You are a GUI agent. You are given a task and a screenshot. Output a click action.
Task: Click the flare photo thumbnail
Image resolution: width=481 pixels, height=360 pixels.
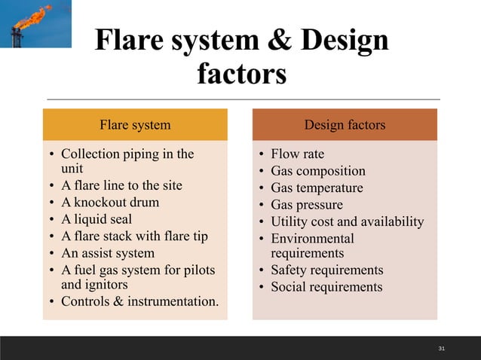[35, 24]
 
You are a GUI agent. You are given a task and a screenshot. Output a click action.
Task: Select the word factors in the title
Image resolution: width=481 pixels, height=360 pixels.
[241, 75]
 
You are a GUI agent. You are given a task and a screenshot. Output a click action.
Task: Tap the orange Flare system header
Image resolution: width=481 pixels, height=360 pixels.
[135, 124]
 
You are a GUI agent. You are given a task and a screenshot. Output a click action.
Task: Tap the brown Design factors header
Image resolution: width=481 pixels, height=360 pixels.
[345, 124]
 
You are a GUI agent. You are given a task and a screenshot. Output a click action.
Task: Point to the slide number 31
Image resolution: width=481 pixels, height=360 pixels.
[442, 349]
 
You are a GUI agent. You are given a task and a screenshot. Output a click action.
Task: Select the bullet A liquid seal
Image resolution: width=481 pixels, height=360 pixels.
[96, 219]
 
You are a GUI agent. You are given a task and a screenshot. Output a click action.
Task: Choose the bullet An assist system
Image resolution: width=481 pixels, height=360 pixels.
[107, 253]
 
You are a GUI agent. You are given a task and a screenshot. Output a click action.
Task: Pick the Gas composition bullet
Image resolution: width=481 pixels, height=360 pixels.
[317, 171]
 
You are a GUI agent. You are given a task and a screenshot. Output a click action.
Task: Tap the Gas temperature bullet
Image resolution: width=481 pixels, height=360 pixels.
[317, 188]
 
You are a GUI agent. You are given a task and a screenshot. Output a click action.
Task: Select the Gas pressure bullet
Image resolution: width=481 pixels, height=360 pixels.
[306, 205]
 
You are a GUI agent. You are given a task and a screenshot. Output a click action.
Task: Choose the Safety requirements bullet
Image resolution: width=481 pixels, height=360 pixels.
[326, 270]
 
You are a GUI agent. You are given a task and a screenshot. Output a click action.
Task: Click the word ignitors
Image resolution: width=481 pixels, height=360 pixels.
[108, 285]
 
